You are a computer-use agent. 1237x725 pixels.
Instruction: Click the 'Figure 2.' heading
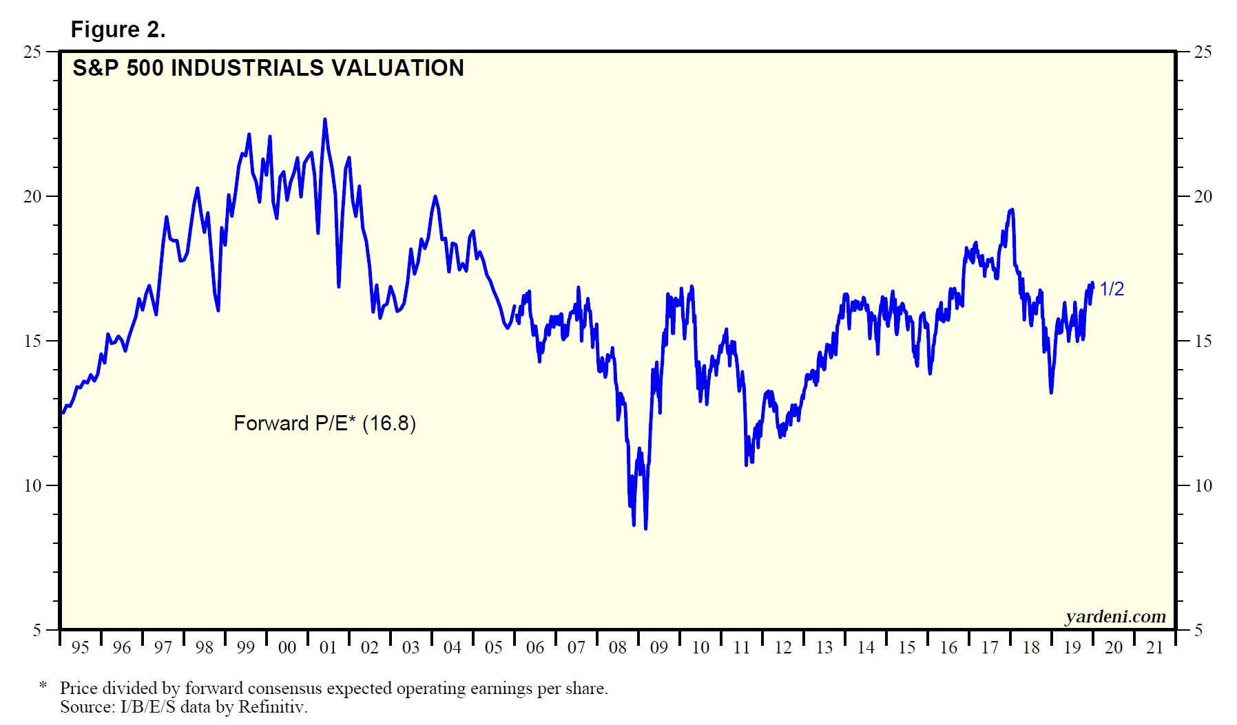[x=118, y=30]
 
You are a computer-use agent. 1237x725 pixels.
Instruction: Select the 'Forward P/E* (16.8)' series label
[x=324, y=423]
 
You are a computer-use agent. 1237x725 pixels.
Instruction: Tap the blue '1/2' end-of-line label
[x=1112, y=289]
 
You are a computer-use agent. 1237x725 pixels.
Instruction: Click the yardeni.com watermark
[x=1115, y=616]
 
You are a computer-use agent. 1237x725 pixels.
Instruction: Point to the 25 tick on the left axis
[x=32, y=52]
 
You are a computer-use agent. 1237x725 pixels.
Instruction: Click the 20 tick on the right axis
[x=1203, y=196]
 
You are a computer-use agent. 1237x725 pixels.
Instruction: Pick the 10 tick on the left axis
[x=32, y=485]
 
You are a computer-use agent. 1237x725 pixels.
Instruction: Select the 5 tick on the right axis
[x=1198, y=630]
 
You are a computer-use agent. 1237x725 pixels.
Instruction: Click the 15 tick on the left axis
[x=32, y=341]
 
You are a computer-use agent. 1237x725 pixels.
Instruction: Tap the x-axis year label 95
[x=81, y=647]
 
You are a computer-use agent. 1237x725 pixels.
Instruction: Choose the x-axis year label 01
[x=329, y=647]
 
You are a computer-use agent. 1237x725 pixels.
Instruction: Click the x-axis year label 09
[x=659, y=647]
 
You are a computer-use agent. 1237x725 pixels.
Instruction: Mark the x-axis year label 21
[x=1155, y=647]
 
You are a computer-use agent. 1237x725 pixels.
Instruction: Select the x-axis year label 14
[x=866, y=647]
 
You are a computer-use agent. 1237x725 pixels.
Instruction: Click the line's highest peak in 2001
[x=325, y=120]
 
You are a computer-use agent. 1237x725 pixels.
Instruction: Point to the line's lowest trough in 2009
[x=645, y=528]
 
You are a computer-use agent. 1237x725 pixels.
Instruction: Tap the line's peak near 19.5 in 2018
[x=1011, y=210]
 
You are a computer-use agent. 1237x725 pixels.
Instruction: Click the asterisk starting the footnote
[x=43, y=686]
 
